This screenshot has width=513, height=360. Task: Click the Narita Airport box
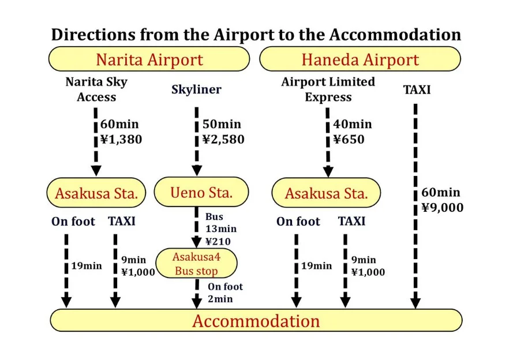pyautogui.click(x=149, y=59)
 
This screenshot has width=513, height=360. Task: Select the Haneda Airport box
pyautogui.click(x=360, y=59)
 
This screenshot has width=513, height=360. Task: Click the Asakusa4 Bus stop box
pyautogui.click(x=197, y=264)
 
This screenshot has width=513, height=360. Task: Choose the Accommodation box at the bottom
pyautogui.click(x=256, y=321)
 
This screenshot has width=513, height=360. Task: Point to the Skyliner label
pyautogui.click(x=196, y=90)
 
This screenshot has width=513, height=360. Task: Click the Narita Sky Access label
pyautogui.click(x=96, y=89)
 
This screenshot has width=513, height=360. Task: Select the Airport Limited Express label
pyautogui.click(x=328, y=89)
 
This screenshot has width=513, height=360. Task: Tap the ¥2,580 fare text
pyautogui.click(x=223, y=140)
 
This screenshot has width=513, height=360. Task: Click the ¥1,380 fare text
pyautogui.click(x=121, y=139)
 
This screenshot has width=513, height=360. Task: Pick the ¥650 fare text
pyautogui.click(x=349, y=140)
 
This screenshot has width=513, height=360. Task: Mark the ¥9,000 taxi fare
pyautogui.click(x=441, y=208)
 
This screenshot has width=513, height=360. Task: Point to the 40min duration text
pyautogui.click(x=352, y=125)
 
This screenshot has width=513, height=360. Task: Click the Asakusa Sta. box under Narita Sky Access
pyautogui.click(x=96, y=193)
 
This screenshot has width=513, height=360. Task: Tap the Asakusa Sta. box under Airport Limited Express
pyautogui.click(x=326, y=193)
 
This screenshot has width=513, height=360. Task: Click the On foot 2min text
pyautogui.click(x=225, y=292)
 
